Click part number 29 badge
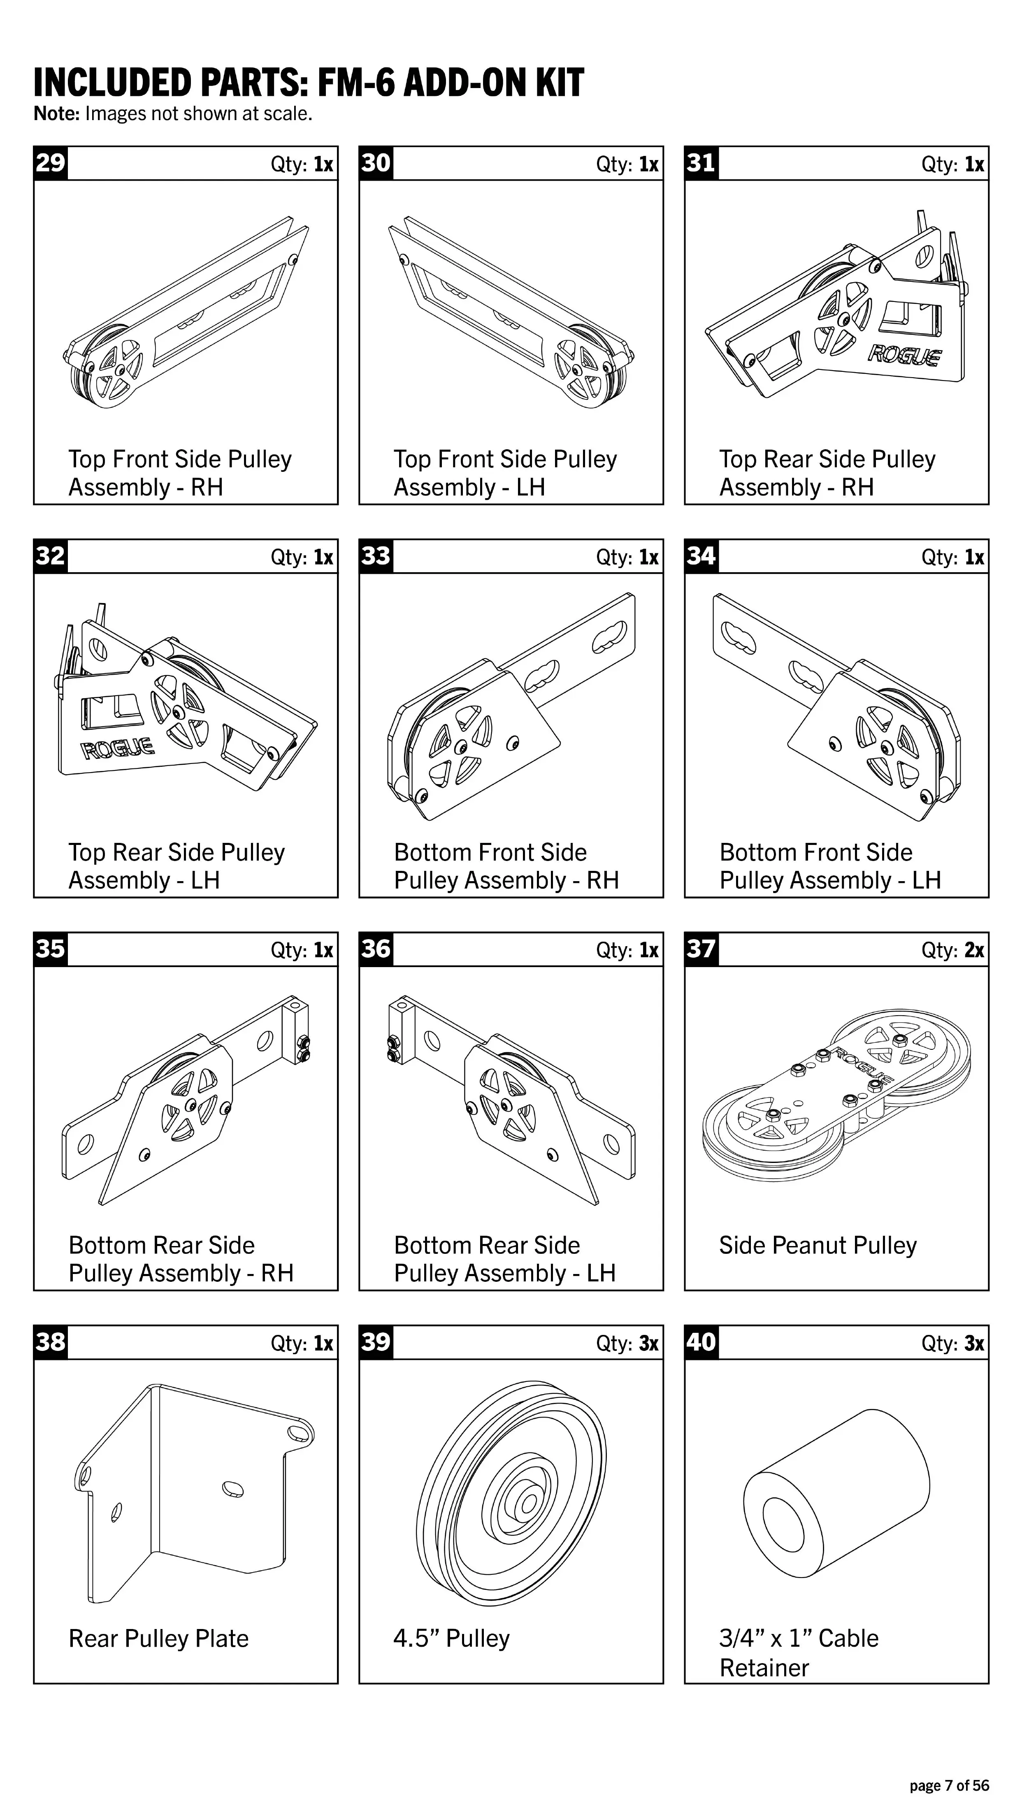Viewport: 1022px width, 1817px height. (x=51, y=163)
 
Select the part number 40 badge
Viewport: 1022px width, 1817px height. (x=701, y=1341)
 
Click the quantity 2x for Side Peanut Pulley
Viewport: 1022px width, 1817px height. (x=973, y=950)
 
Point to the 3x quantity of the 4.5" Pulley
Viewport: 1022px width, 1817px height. (x=648, y=1343)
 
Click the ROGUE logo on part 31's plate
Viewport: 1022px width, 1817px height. (x=905, y=354)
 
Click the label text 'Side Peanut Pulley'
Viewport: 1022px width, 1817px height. (x=818, y=1245)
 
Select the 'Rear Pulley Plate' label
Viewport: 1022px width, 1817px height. (x=159, y=1638)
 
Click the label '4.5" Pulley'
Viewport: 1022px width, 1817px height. (x=451, y=1638)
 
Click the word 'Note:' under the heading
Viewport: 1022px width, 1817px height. (x=57, y=114)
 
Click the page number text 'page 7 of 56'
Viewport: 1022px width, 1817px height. (x=949, y=1785)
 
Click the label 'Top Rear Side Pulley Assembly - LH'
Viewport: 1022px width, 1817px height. (x=177, y=866)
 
